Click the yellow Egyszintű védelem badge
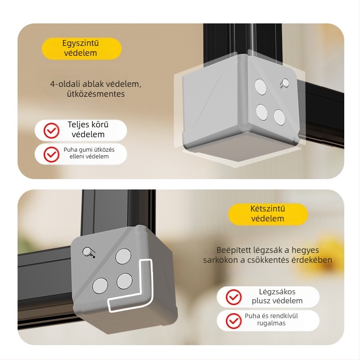click(x=81, y=49)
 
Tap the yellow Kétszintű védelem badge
click(x=268, y=214)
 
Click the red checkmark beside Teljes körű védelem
click(x=51, y=130)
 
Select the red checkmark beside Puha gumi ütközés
click(x=51, y=154)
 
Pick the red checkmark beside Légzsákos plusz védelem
click(x=234, y=297)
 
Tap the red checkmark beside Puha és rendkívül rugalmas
click(x=234, y=321)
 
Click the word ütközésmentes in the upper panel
click(x=96, y=94)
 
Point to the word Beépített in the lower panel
click(x=234, y=250)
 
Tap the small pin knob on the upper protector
click(x=285, y=83)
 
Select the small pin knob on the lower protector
click(x=88, y=252)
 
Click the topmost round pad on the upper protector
click(x=261, y=87)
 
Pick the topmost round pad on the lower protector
click(x=123, y=256)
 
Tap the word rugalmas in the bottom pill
click(x=271, y=323)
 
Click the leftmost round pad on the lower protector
click(x=100, y=286)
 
